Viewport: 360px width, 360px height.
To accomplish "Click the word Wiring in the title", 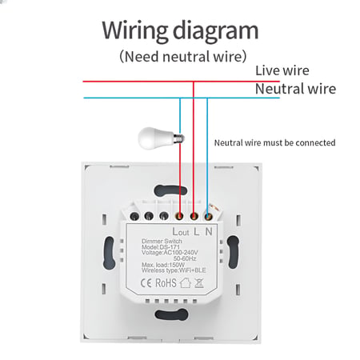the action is (135, 30).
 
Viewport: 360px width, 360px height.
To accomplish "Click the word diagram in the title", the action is (216, 31).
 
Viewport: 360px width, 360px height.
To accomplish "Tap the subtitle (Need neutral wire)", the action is (183, 57).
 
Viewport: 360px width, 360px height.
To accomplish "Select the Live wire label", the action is (282, 70).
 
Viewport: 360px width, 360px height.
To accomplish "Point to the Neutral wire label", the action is (295, 89).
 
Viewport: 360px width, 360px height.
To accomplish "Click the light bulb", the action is (161, 138).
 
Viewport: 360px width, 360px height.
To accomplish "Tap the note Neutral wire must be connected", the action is (274, 143).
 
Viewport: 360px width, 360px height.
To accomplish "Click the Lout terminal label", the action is (181, 232).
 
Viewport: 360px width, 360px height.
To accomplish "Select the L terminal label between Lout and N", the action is (196, 231).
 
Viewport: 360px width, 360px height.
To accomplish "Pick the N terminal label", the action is (209, 231).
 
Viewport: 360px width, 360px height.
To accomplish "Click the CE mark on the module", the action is (146, 283).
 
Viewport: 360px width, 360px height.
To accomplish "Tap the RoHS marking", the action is (166, 283).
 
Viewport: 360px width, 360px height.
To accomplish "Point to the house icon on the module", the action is (186, 282).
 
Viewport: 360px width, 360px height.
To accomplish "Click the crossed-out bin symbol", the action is (199, 283).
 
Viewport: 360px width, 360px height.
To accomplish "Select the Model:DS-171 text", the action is (161, 247).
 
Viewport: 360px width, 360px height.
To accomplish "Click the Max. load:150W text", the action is (163, 265).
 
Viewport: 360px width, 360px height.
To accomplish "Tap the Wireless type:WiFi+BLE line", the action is (174, 270).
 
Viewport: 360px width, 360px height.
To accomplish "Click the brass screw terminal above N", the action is (208, 216).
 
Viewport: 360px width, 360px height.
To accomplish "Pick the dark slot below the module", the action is (171, 314).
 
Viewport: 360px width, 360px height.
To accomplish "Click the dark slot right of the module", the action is (233, 252).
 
